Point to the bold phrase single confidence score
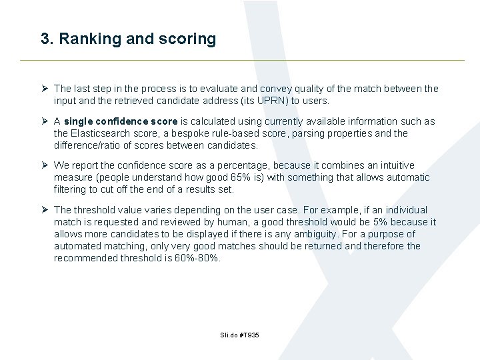(121, 121)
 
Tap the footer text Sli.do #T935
(239, 335)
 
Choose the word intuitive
(394, 165)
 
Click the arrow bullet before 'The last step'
(44, 89)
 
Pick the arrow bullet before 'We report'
(44, 165)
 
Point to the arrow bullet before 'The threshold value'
(44, 210)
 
